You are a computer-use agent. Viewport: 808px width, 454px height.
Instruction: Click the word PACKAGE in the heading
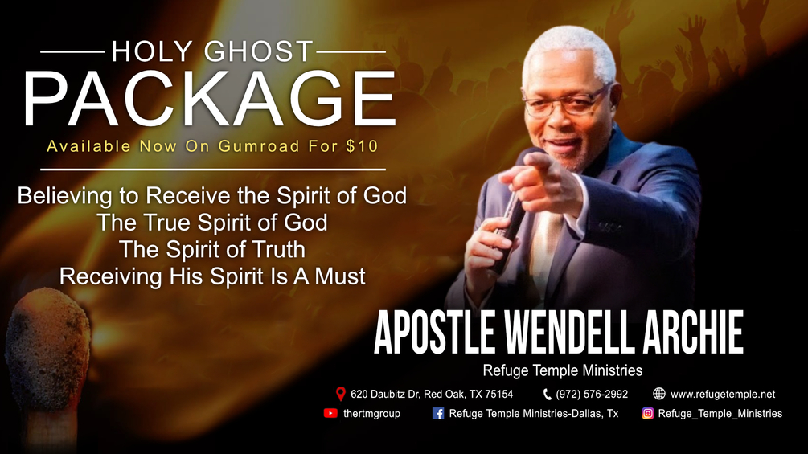tap(208, 100)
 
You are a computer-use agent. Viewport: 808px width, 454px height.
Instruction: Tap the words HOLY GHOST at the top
tap(211, 52)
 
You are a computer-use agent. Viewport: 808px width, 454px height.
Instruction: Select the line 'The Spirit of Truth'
tap(212, 248)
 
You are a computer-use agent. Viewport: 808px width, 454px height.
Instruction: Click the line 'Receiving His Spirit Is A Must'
tap(212, 276)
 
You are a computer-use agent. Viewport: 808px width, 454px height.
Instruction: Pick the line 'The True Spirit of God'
tap(212, 222)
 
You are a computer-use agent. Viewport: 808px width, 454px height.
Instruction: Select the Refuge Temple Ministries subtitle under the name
tap(562, 370)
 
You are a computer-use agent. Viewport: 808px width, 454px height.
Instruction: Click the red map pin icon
tap(340, 394)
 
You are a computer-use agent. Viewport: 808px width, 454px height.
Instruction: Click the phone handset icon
tap(547, 394)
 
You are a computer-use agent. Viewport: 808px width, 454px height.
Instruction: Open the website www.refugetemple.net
tap(722, 394)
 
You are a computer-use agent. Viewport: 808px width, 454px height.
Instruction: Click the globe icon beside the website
tap(659, 394)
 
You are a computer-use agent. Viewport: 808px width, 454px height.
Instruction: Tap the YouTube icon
tap(330, 413)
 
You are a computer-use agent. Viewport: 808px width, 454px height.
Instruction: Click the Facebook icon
tap(438, 413)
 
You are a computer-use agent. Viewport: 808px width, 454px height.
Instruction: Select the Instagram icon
tap(647, 413)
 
